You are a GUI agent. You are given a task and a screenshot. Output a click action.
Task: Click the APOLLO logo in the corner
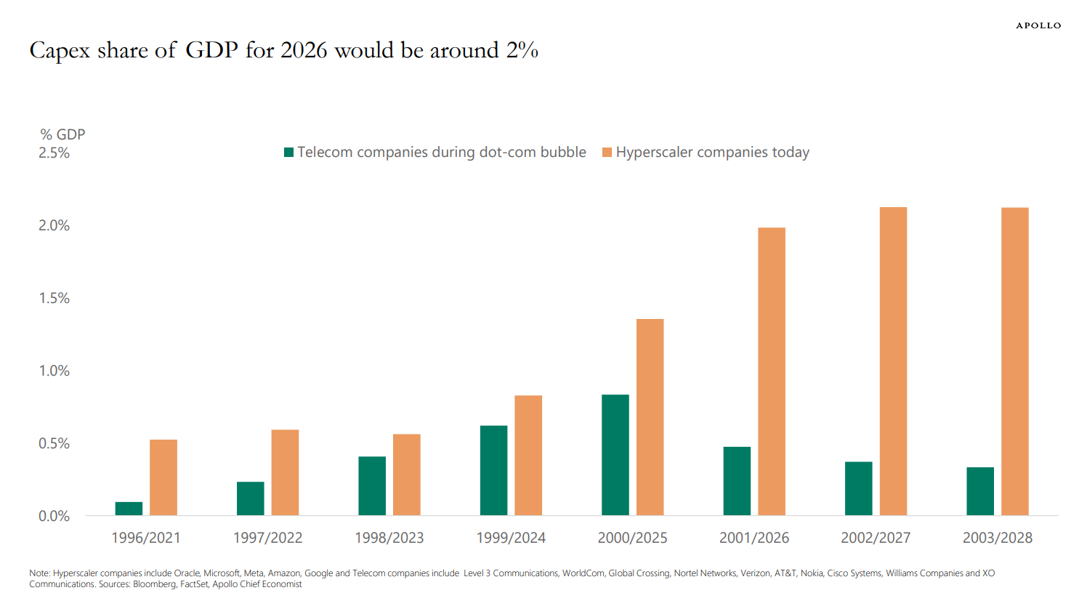[x=1038, y=25]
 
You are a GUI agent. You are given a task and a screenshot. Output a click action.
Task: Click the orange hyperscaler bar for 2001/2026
[x=772, y=371]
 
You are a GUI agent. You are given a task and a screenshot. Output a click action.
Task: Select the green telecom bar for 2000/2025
[x=615, y=455]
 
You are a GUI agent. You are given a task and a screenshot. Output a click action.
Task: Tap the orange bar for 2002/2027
[x=893, y=361]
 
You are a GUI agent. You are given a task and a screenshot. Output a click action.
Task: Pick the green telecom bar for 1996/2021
[x=129, y=509]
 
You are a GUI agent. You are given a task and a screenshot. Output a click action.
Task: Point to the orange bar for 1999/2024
[x=528, y=456]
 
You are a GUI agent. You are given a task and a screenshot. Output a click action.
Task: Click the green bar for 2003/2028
[x=980, y=491]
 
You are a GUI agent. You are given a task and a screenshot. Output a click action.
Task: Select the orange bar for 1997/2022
[x=285, y=472]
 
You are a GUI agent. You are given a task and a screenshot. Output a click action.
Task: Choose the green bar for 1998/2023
[x=372, y=486]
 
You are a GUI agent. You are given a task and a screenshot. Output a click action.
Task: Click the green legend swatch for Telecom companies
[x=288, y=153]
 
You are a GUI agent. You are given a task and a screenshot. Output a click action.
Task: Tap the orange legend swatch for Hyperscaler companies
[x=607, y=153]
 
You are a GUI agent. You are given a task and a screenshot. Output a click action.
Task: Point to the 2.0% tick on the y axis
[x=54, y=226]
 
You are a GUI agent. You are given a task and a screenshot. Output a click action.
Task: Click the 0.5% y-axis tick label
[x=54, y=444]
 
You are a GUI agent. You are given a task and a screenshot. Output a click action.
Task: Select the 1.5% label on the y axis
[x=54, y=299]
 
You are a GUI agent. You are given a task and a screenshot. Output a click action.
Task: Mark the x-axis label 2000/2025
[x=632, y=538]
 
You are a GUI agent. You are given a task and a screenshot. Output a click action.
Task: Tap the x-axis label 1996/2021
[x=146, y=538]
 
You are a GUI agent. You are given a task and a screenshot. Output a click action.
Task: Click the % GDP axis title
[x=62, y=134]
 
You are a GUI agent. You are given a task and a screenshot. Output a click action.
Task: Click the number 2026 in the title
[x=304, y=50]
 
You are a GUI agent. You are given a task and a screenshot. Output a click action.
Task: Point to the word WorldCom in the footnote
[x=583, y=573]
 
